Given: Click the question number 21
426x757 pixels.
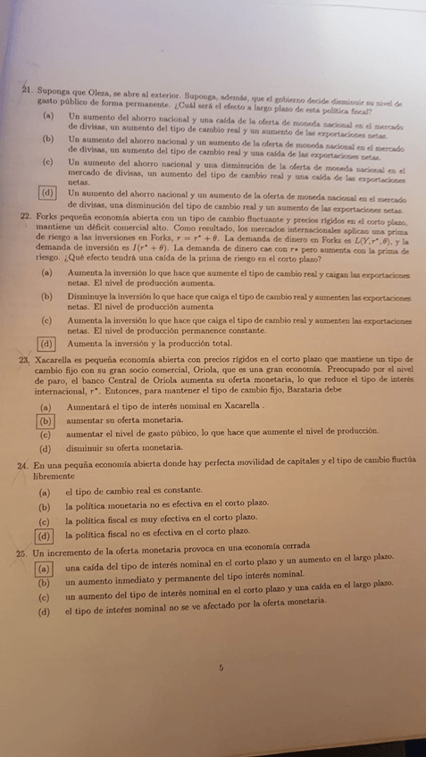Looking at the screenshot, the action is [29, 91].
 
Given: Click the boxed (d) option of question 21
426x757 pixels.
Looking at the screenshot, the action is [46, 193].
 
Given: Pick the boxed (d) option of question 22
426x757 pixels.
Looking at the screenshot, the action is [46, 343].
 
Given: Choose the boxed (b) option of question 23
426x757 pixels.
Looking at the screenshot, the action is [45, 420].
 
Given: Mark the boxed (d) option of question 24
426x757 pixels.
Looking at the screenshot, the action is [44, 536].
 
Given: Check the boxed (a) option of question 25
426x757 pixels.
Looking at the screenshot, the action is [43, 568].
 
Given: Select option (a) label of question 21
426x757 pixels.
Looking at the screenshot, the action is [46, 117].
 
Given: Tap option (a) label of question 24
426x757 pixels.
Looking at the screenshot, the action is [45, 492].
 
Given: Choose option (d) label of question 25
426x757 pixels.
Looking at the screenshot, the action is [44, 612].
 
